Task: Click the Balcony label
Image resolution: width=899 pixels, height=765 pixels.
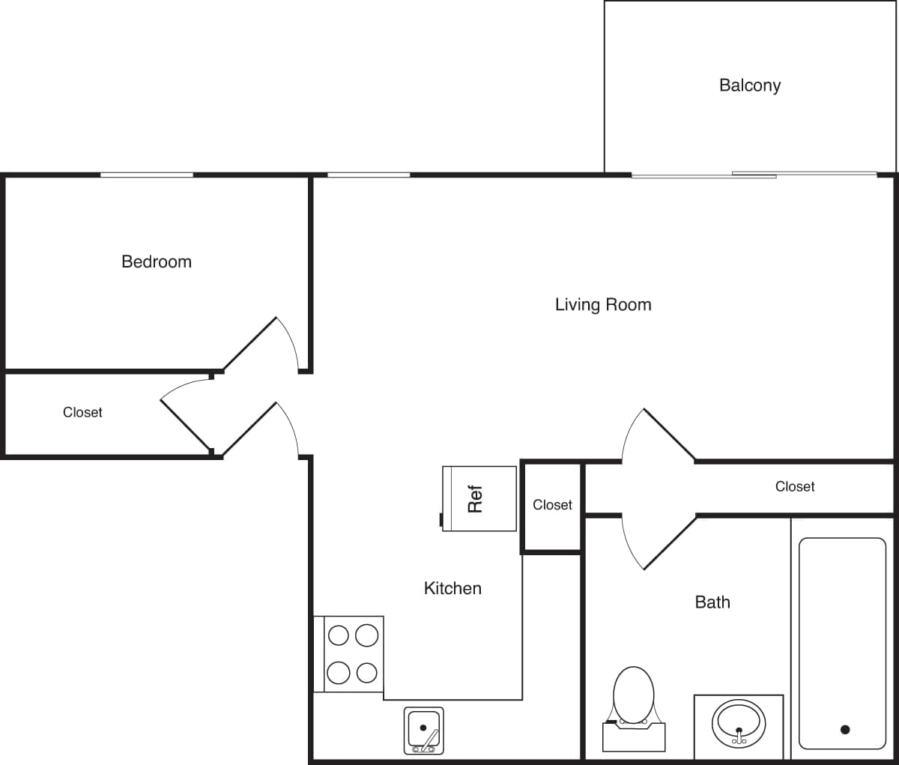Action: point(749,85)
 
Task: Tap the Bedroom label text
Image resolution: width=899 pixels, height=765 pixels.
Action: point(157,261)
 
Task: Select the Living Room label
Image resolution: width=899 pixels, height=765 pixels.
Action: point(603,304)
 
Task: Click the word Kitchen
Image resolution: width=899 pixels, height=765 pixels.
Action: point(452,588)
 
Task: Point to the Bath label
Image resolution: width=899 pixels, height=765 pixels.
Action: point(712,602)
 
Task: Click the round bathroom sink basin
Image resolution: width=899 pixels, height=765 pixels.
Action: point(739,722)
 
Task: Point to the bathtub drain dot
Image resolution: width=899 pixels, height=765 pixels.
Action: point(845,729)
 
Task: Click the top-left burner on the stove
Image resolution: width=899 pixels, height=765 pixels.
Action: point(339,635)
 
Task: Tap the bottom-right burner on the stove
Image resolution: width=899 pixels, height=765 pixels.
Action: point(366,673)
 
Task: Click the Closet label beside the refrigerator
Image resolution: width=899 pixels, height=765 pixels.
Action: point(552,505)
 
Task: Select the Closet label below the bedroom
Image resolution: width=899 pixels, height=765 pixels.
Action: point(82,412)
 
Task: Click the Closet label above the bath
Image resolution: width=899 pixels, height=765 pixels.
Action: point(794,486)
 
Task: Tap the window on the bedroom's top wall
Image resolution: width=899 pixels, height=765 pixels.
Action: point(147,175)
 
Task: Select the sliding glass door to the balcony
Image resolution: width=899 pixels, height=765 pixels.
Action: point(753,175)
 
